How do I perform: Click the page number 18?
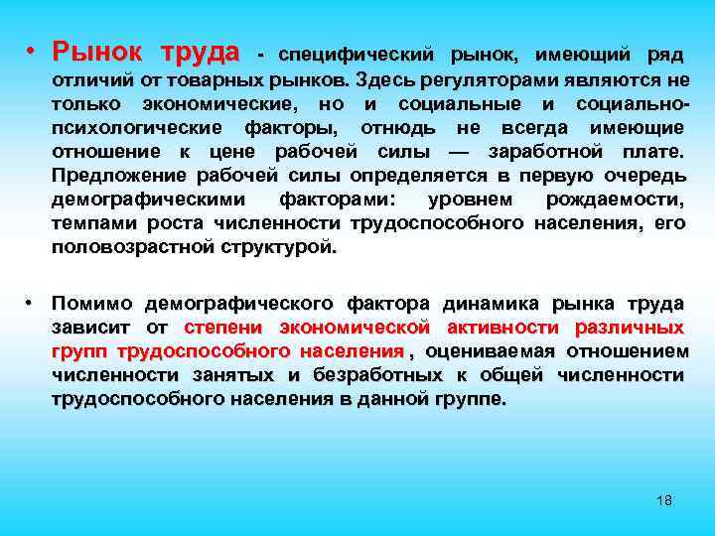[x=664, y=500]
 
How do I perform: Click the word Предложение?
[x=113, y=176]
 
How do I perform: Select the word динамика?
[x=495, y=303]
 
